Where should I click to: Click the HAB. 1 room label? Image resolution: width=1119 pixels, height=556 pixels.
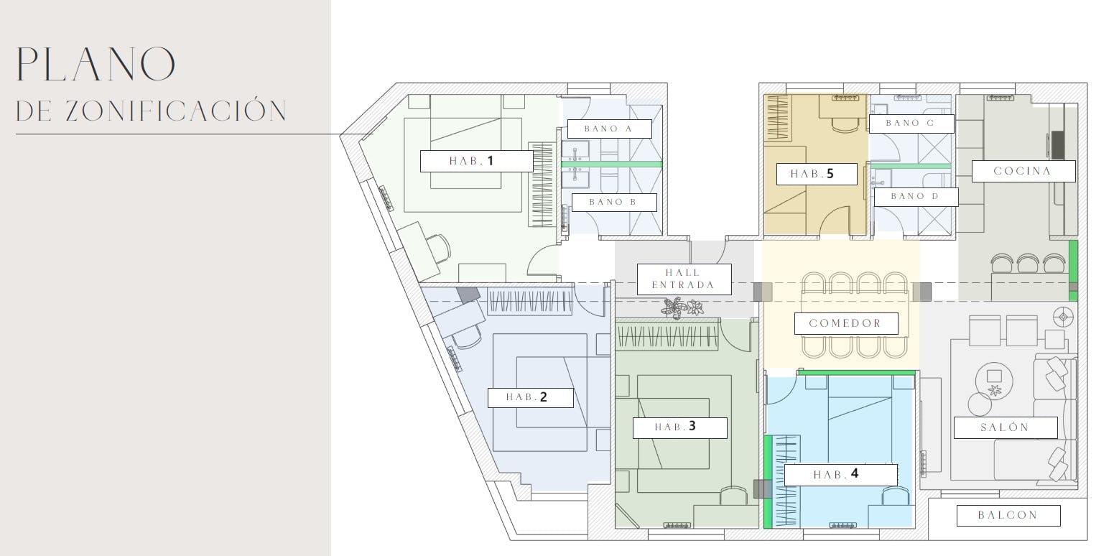coord(477,161)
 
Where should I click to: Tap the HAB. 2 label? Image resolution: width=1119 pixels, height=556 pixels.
coord(531,398)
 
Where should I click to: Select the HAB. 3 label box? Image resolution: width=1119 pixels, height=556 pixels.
coord(680,427)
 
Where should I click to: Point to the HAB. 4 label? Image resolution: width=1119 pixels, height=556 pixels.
coord(841,475)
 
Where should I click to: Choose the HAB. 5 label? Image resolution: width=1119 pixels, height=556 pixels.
coord(817,175)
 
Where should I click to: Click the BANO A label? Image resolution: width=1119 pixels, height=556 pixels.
coord(610,129)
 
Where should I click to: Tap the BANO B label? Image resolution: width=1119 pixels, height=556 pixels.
coord(614,203)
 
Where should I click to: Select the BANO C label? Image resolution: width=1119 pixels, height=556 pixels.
coord(911,124)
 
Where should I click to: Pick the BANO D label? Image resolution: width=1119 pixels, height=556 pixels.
coord(916,197)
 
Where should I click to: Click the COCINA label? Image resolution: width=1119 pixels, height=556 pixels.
coord(1023,172)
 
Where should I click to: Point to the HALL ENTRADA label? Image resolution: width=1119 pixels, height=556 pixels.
coord(684,279)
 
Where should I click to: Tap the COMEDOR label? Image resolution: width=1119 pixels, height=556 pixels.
coord(846,324)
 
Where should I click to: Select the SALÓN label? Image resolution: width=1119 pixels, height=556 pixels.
coord(1006,427)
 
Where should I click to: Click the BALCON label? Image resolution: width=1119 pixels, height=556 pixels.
coord(1008,516)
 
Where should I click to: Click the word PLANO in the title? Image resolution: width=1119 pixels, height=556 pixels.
coord(96,64)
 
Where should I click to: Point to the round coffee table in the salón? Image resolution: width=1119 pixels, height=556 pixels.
coord(993,380)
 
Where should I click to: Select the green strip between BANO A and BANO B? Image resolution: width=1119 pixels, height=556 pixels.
coord(612,164)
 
